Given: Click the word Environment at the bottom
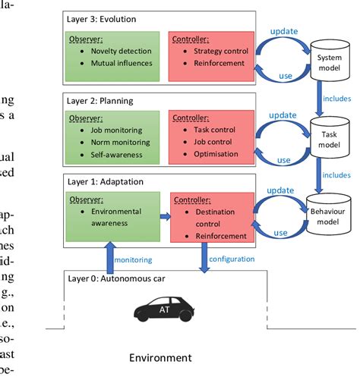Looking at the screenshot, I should (x=160, y=357).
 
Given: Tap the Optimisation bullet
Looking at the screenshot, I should (x=216, y=155).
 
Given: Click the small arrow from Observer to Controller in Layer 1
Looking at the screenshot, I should (x=165, y=216).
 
